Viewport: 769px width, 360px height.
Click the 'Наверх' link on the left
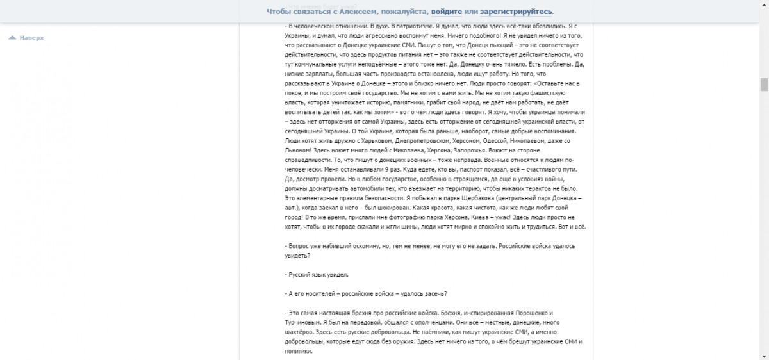[x=31, y=38]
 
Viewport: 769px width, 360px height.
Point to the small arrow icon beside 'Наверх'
[x=12, y=38]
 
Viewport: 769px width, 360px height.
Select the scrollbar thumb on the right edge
[x=763, y=85]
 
